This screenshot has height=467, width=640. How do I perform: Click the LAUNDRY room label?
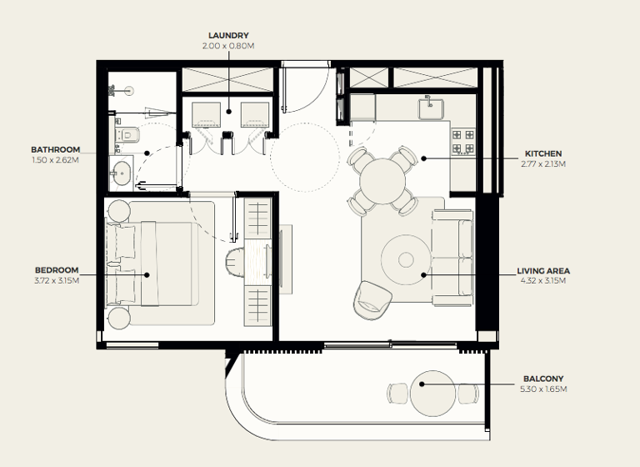227,35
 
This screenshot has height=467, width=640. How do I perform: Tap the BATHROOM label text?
57,150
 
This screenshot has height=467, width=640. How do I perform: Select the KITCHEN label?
543,153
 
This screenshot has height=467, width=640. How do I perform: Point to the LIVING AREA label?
543,271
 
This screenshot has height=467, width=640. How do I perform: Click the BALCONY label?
542,378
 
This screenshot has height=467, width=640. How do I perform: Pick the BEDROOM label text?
56,270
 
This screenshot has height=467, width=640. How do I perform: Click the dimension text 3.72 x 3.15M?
56,280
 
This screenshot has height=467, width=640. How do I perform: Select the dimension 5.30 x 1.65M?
542,389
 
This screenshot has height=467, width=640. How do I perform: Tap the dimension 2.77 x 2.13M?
543,164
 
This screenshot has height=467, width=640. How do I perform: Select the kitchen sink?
432,106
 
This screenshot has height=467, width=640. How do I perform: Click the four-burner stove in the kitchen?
462,141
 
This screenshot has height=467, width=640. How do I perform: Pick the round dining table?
382,178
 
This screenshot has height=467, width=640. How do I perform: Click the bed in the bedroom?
162,262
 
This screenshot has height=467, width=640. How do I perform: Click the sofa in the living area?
451,255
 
